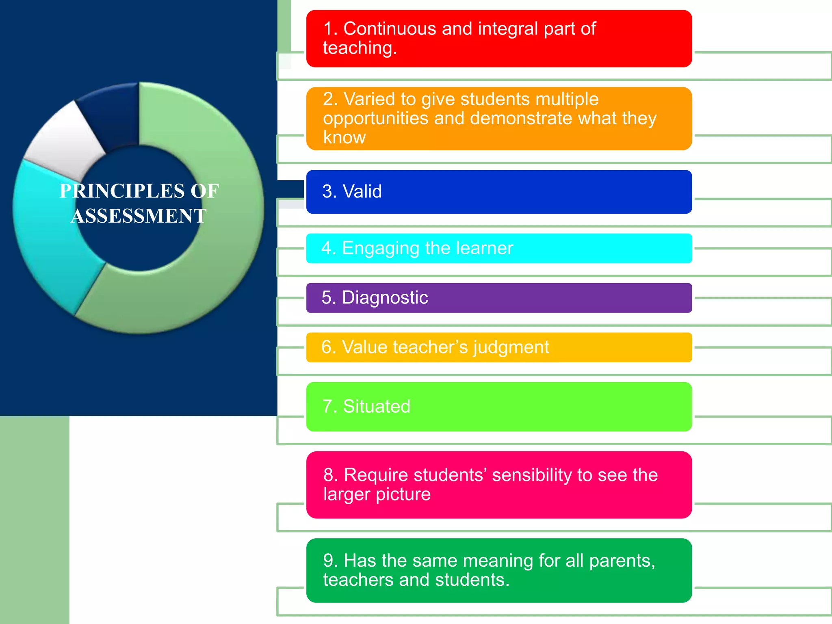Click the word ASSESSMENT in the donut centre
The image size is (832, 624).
click(139, 216)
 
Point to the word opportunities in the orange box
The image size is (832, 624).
click(376, 119)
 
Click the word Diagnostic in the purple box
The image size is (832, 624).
click(385, 298)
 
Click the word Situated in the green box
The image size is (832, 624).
click(377, 407)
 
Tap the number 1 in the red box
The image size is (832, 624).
click(328, 29)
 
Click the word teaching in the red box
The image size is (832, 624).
click(357, 48)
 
